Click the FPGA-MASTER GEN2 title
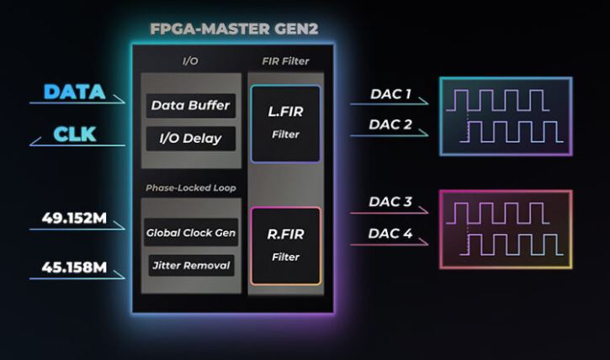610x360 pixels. pos(234,28)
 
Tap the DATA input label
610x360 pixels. pos(74,93)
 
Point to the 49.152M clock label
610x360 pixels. pos(74,220)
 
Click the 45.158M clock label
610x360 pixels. pos(74,268)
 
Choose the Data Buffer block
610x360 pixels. pos(191,107)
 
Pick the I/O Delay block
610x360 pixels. pos(191,138)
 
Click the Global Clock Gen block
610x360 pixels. pos(191,232)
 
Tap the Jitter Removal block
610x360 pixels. pos(191,266)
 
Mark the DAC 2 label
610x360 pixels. pos(390,124)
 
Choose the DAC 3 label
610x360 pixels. pos(390,203)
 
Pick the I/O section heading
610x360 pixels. pos(190,62)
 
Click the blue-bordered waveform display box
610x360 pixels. pos(506,116)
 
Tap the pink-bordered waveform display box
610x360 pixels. pos(506,228)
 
